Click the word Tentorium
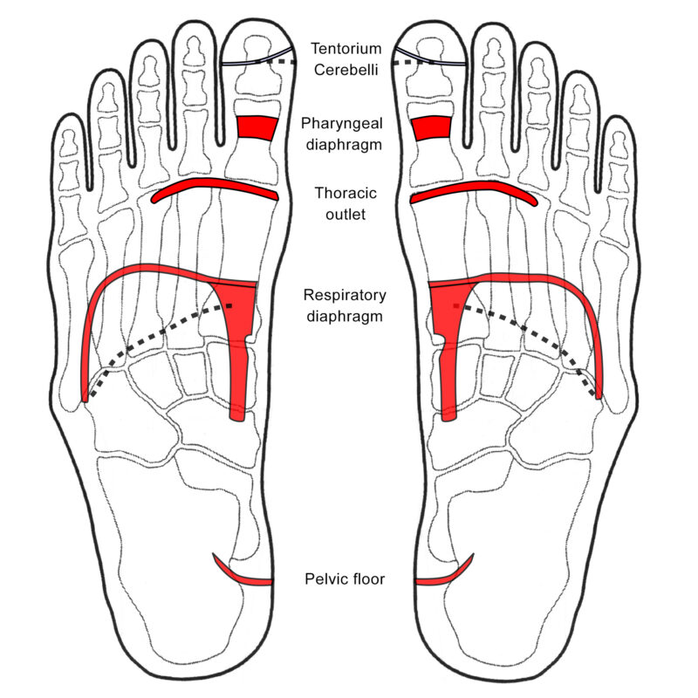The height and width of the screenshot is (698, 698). (x=346, y=49)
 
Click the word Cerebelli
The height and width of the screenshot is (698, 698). (x=346, y=70)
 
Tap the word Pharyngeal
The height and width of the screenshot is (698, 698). (x=342, y=124)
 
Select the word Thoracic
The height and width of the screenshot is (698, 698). (x=346, y=193)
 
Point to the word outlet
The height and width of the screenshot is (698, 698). (x=346, y=215)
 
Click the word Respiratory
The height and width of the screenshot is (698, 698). (x=345, y=295)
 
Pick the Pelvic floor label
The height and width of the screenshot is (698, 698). (x=345, y=578)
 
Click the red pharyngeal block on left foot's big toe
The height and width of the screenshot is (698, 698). (x=257, y=128)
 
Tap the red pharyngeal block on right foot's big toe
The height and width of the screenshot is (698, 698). (x=431, y=128)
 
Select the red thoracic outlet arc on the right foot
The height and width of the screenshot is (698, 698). (x=476, y=185)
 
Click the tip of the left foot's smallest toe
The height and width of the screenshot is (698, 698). (x=69, y=114)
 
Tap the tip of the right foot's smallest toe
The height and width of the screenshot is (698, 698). (x=619, y=117)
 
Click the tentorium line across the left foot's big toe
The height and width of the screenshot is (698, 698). (x=257, y=60)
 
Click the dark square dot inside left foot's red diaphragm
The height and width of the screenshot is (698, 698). (x=229, y=306)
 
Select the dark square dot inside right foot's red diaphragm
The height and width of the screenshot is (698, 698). (x=456, y=306)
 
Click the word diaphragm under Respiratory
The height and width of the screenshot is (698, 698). (x=345, y=317)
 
